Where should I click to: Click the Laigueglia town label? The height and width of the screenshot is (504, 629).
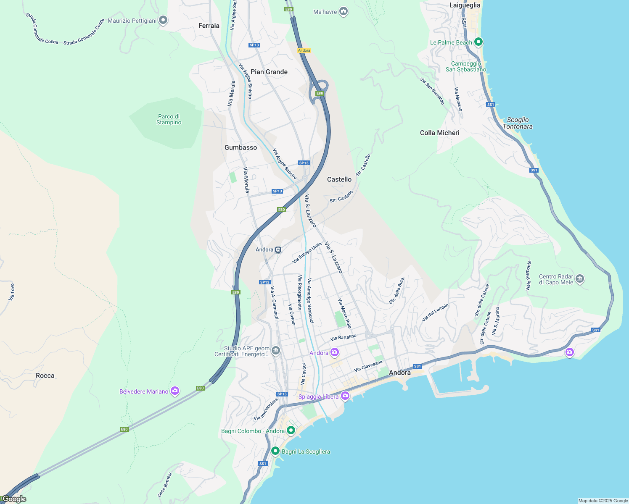coord(465,5)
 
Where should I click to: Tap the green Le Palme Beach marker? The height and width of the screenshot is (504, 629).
coord(478,42)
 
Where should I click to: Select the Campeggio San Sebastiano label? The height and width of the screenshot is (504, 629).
coord(466,67)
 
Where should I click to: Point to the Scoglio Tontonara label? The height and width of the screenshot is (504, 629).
coord(518,123)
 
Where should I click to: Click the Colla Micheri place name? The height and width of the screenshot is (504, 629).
coord(439,133)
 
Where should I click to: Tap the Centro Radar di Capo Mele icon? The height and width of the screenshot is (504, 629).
coord(580,279)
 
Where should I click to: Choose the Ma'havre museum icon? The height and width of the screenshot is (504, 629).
coord(344,11)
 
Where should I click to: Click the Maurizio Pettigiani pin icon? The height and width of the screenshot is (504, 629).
coord(163,20)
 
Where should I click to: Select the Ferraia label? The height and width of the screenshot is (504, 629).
coord(209,26)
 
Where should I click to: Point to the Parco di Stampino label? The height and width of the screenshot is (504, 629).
coord(169,120)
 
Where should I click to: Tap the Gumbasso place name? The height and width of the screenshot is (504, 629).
coord(240,147)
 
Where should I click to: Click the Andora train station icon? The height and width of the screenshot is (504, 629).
coord(278,249)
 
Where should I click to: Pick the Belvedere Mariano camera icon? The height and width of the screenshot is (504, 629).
coord(175,391)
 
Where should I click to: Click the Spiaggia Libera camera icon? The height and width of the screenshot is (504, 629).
coord(345,396)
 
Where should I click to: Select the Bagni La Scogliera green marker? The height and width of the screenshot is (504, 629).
coord(275,451)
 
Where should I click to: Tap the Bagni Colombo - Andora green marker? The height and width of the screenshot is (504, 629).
coord(291,430)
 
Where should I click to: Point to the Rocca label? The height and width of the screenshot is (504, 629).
coord(45,375)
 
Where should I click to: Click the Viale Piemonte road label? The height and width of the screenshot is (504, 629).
coord(529,276)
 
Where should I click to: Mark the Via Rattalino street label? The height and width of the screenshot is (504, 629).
coord(344,337)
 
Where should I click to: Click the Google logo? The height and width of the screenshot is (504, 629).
coord(14,499)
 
